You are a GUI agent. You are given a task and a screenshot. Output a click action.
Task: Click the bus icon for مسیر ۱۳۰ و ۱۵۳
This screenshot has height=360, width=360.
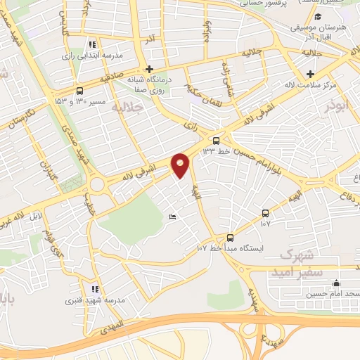(79, 90)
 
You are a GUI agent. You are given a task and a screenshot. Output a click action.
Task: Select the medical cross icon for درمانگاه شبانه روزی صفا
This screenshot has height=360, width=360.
(148, 69)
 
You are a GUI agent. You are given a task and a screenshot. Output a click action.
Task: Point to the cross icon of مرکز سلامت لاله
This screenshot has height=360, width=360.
(309, 73)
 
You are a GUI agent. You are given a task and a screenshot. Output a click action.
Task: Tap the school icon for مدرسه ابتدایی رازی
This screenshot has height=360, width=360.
(92, 44)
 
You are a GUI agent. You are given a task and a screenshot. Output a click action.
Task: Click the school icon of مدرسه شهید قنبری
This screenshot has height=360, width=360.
(95, 289)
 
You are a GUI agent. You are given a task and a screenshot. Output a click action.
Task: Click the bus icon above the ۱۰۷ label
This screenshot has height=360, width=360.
(265, 212)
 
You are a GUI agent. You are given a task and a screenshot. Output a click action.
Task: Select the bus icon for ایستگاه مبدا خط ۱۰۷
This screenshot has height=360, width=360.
(230, 237)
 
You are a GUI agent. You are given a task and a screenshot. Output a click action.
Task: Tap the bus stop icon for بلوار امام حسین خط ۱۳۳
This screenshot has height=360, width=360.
(225, 139)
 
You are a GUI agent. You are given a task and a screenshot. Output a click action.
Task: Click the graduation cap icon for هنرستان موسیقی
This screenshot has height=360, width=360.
(318, 17)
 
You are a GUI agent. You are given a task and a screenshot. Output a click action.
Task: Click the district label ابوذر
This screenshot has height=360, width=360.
(337, 105)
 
